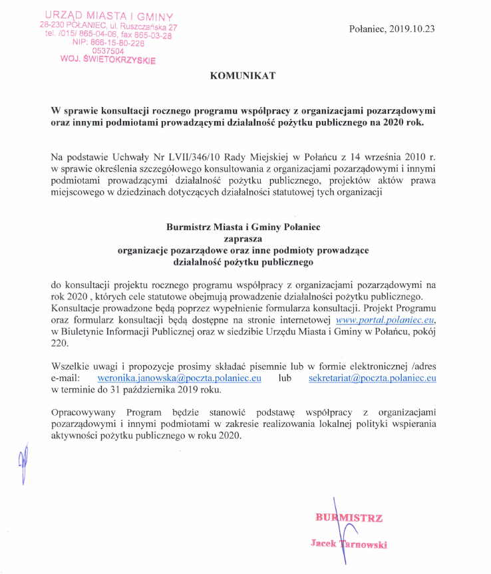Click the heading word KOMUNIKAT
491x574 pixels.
242,76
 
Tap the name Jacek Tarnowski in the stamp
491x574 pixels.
349,544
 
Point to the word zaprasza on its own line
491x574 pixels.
243,238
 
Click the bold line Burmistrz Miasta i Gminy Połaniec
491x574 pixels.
243,227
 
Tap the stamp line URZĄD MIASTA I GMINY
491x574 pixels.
110,15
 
